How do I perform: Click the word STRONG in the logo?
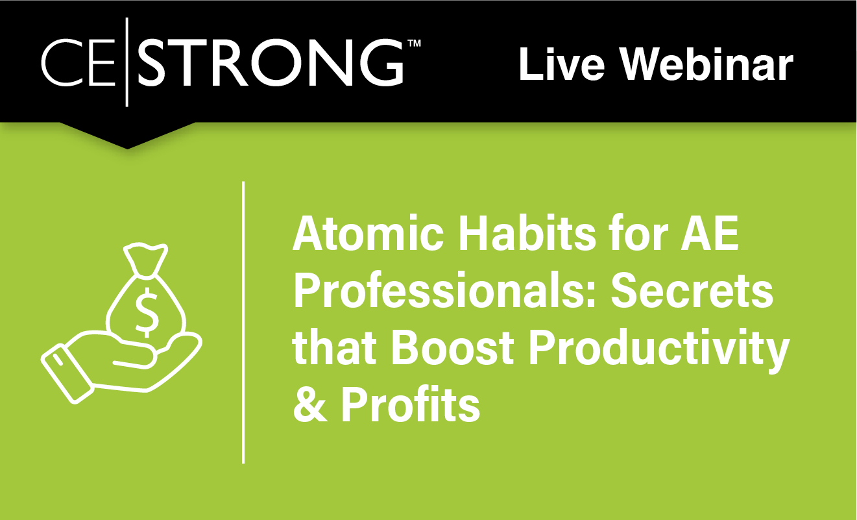tap(272, 63)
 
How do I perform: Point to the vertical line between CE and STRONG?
tap(127, 62)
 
